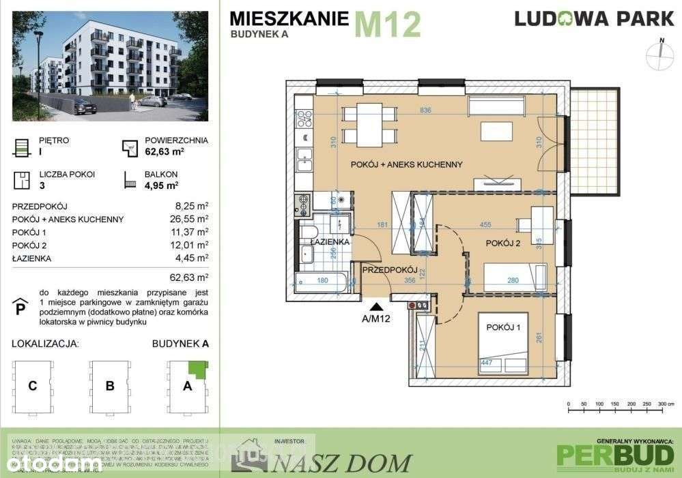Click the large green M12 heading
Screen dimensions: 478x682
[x=388, y=24]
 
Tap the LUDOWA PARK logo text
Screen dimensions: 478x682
[x=594, y=18]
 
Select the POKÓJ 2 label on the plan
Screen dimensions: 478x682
[x=504, y=243]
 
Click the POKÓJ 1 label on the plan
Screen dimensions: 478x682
[x=504, y=327]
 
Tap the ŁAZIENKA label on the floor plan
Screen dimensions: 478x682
[x=330, y=241]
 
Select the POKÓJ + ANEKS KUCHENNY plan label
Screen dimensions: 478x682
[x=407, y=164]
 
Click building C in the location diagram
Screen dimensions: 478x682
[x=32, y=386]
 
